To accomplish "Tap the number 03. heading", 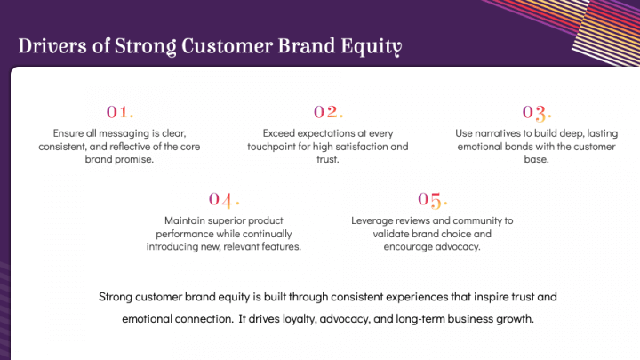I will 536,112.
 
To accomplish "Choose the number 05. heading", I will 433,198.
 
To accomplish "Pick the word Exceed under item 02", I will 277,133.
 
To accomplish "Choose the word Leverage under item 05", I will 372,220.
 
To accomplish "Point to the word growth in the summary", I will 516,317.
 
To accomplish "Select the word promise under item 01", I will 133,160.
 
